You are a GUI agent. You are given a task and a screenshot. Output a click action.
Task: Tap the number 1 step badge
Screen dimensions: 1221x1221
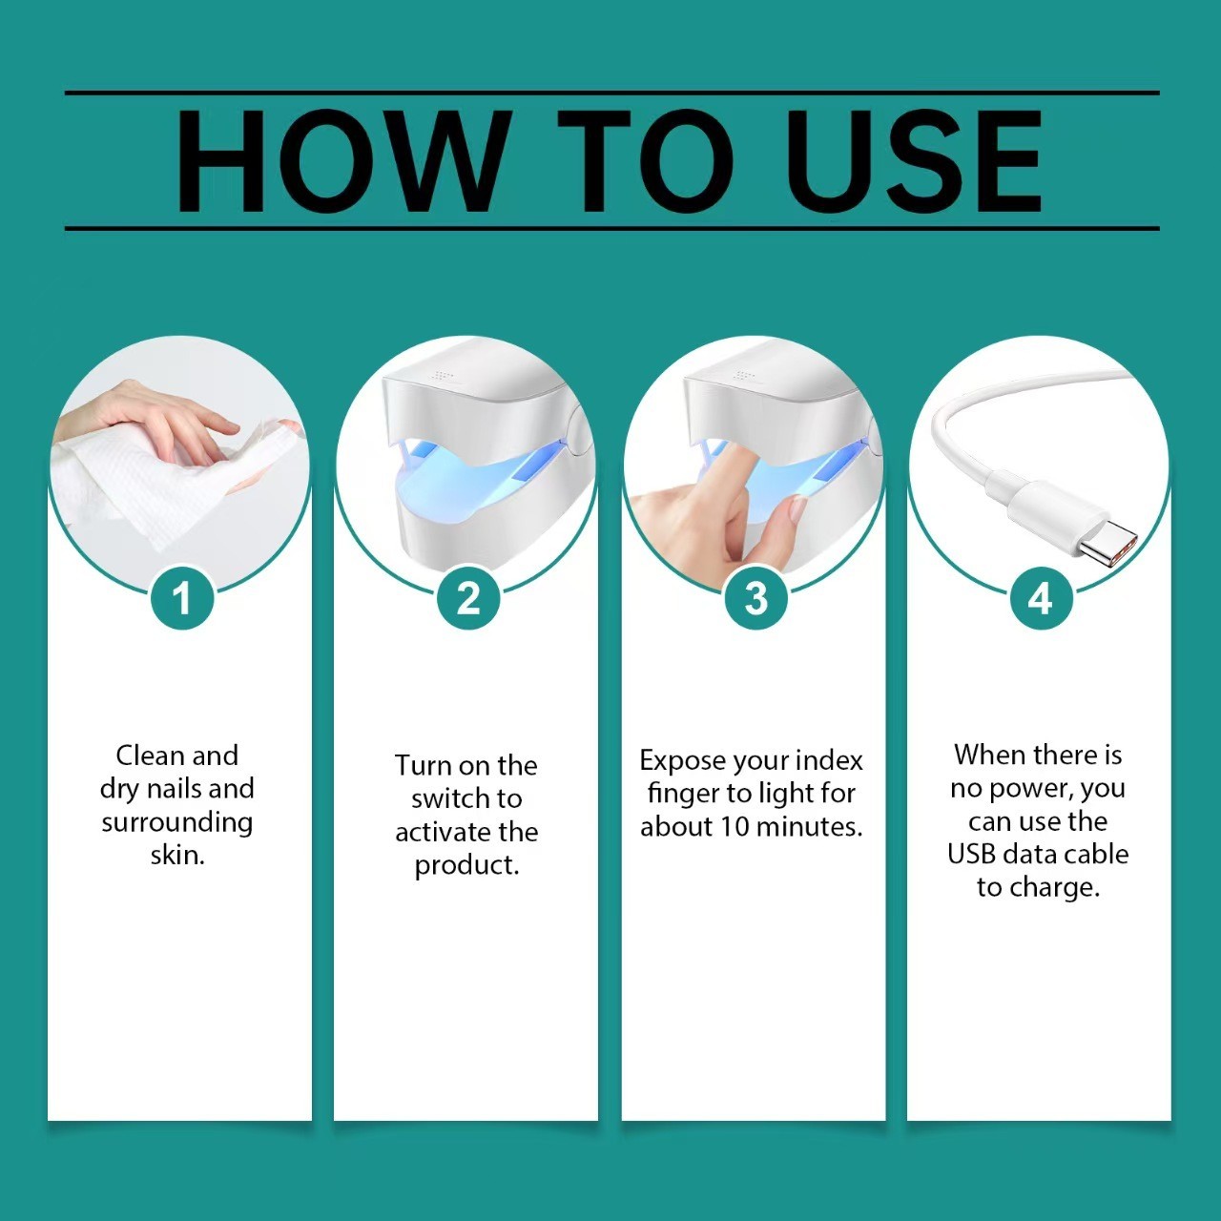181,599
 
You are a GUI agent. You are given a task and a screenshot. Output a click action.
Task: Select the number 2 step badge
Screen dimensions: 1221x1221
468,599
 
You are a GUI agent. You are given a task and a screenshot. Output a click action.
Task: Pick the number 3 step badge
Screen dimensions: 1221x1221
755,599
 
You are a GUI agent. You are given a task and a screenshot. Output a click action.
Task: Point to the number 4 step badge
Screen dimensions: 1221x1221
1040,599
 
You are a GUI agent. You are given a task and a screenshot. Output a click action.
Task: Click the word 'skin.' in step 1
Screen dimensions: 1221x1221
177,855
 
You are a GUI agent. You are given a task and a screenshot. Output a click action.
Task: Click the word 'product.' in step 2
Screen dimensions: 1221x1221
466,865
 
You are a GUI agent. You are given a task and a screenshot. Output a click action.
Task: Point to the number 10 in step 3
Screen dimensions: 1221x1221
735,826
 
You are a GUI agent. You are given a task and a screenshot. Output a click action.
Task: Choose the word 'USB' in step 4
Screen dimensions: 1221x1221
971,854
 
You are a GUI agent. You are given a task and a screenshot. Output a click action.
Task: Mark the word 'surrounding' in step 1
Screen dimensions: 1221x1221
177,822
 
